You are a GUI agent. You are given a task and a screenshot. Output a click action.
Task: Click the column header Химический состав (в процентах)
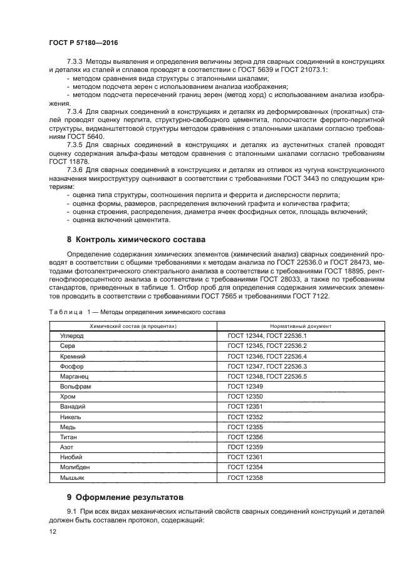point(133,326)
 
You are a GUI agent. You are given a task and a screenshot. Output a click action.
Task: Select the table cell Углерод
point(71,336)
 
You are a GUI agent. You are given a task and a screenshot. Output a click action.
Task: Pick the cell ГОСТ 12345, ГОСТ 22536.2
point(267,346)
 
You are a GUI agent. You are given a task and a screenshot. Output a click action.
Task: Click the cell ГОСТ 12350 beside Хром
point(246,397)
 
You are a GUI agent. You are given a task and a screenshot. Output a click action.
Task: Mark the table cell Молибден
point(74,467)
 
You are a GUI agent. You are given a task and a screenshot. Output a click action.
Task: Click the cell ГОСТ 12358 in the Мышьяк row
point(246,477)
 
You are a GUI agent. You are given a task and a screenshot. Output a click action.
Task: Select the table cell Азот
point(66,447)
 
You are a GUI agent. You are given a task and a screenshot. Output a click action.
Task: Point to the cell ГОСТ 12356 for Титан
point(246,437)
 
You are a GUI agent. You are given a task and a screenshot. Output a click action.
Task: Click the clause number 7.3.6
point(75,169)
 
